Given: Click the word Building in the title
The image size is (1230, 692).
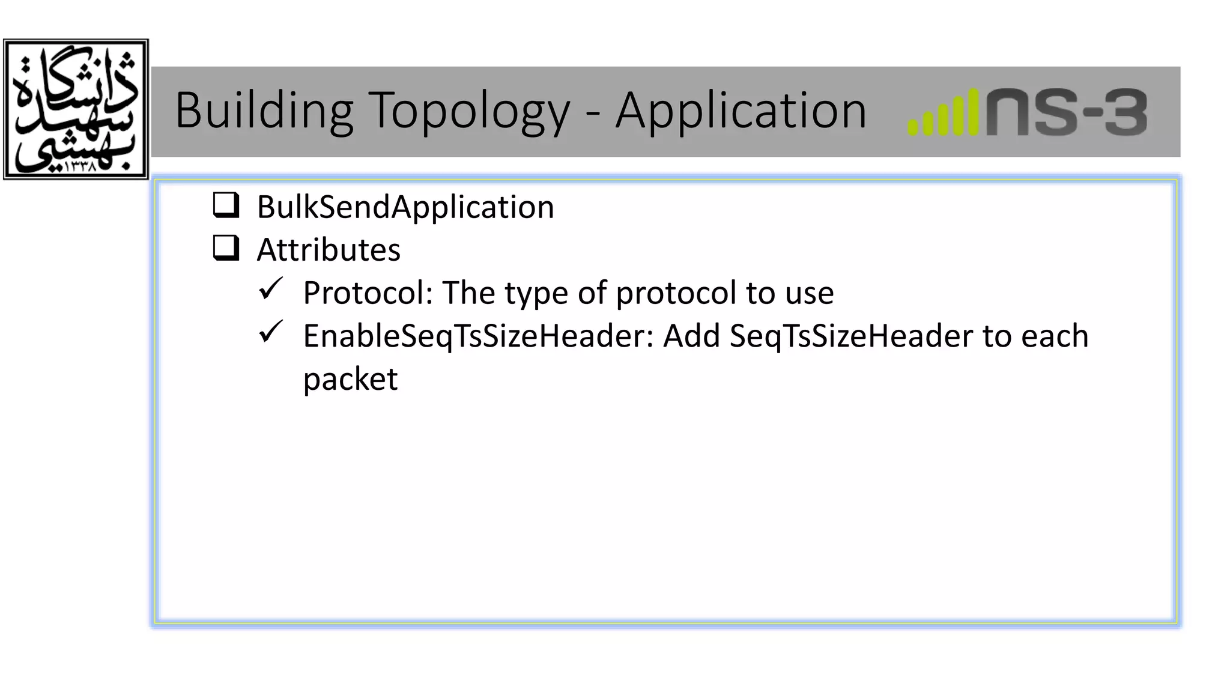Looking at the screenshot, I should coord(264,111).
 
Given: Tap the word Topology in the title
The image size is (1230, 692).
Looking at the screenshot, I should coord(468,111).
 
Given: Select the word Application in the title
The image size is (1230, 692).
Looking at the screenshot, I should coord(741,111).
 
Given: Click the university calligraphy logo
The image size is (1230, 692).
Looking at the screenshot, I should coord(76,109).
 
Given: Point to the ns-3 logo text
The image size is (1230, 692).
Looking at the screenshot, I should coord(1067,112).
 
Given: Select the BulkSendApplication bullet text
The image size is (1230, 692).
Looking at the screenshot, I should coord(405,207).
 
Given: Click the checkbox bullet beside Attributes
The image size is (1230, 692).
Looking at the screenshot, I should coord(226,247).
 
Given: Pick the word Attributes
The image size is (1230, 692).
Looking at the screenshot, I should coord(329,250).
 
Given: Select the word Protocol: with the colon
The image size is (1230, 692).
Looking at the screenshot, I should coord(368,293).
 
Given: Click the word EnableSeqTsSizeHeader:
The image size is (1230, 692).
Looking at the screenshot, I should coord(478,336).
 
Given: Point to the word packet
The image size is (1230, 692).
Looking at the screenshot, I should coord(350,379).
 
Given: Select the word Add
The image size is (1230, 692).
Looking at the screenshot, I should coord(691,336).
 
